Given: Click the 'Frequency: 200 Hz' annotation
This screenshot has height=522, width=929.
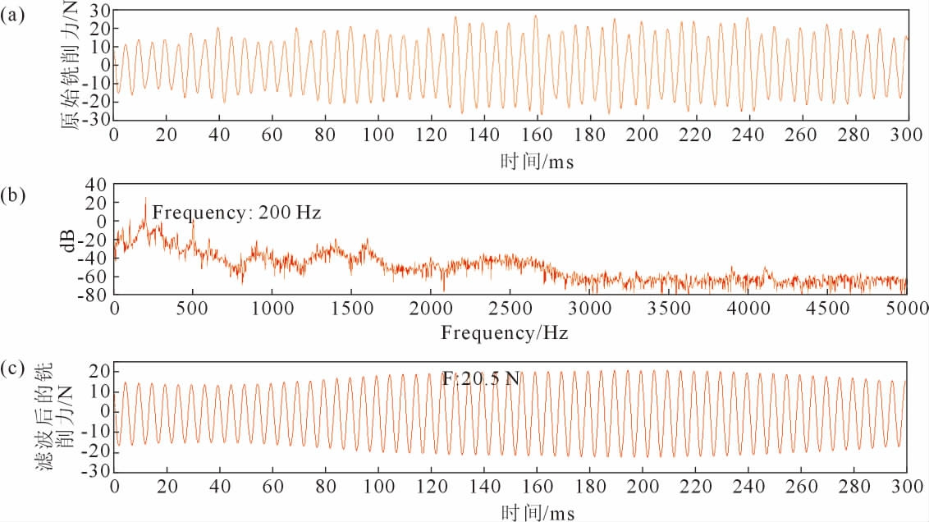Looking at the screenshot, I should point(235,212).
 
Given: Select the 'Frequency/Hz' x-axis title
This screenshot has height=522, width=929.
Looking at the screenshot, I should point(504,334).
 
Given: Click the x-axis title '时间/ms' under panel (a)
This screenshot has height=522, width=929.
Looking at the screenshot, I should point(537,161).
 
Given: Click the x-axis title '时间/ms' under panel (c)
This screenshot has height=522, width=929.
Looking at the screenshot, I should point(537,513).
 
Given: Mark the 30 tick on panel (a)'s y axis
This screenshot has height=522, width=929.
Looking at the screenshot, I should point(100,11).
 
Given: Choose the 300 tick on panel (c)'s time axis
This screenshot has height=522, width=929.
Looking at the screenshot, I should point(906,486).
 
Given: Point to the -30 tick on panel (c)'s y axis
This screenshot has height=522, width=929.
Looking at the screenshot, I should point(97,472).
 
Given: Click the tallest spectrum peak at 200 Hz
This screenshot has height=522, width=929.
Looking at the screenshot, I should point(145,199).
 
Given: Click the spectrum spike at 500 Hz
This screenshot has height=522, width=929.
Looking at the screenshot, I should point(193,222).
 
